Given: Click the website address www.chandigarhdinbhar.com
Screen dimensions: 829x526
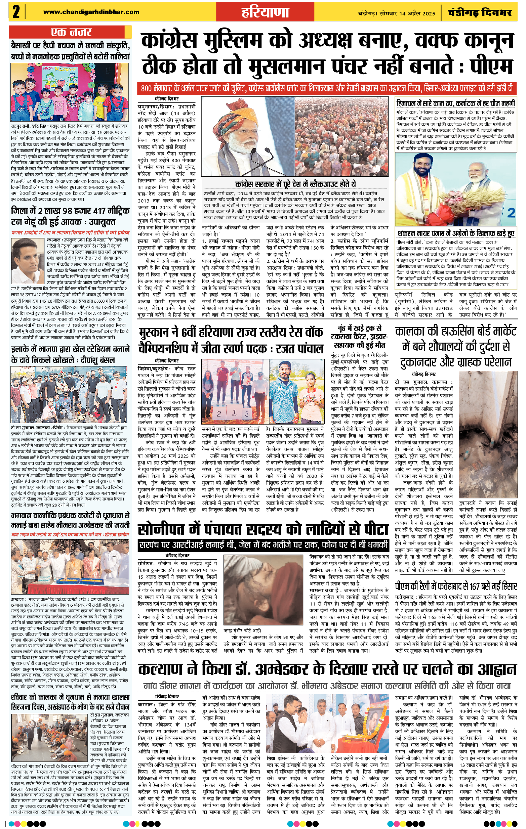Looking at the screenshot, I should (x=91, y=12).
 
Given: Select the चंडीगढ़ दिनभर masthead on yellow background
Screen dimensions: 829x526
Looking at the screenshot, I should (x=480, y=13).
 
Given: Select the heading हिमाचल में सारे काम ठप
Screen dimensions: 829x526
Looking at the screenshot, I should (x=455, y=103).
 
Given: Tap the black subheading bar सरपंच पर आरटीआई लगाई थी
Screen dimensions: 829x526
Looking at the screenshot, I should (x=263, y=544).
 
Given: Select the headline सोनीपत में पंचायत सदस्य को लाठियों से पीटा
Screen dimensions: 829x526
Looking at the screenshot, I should (x=263, y=529).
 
